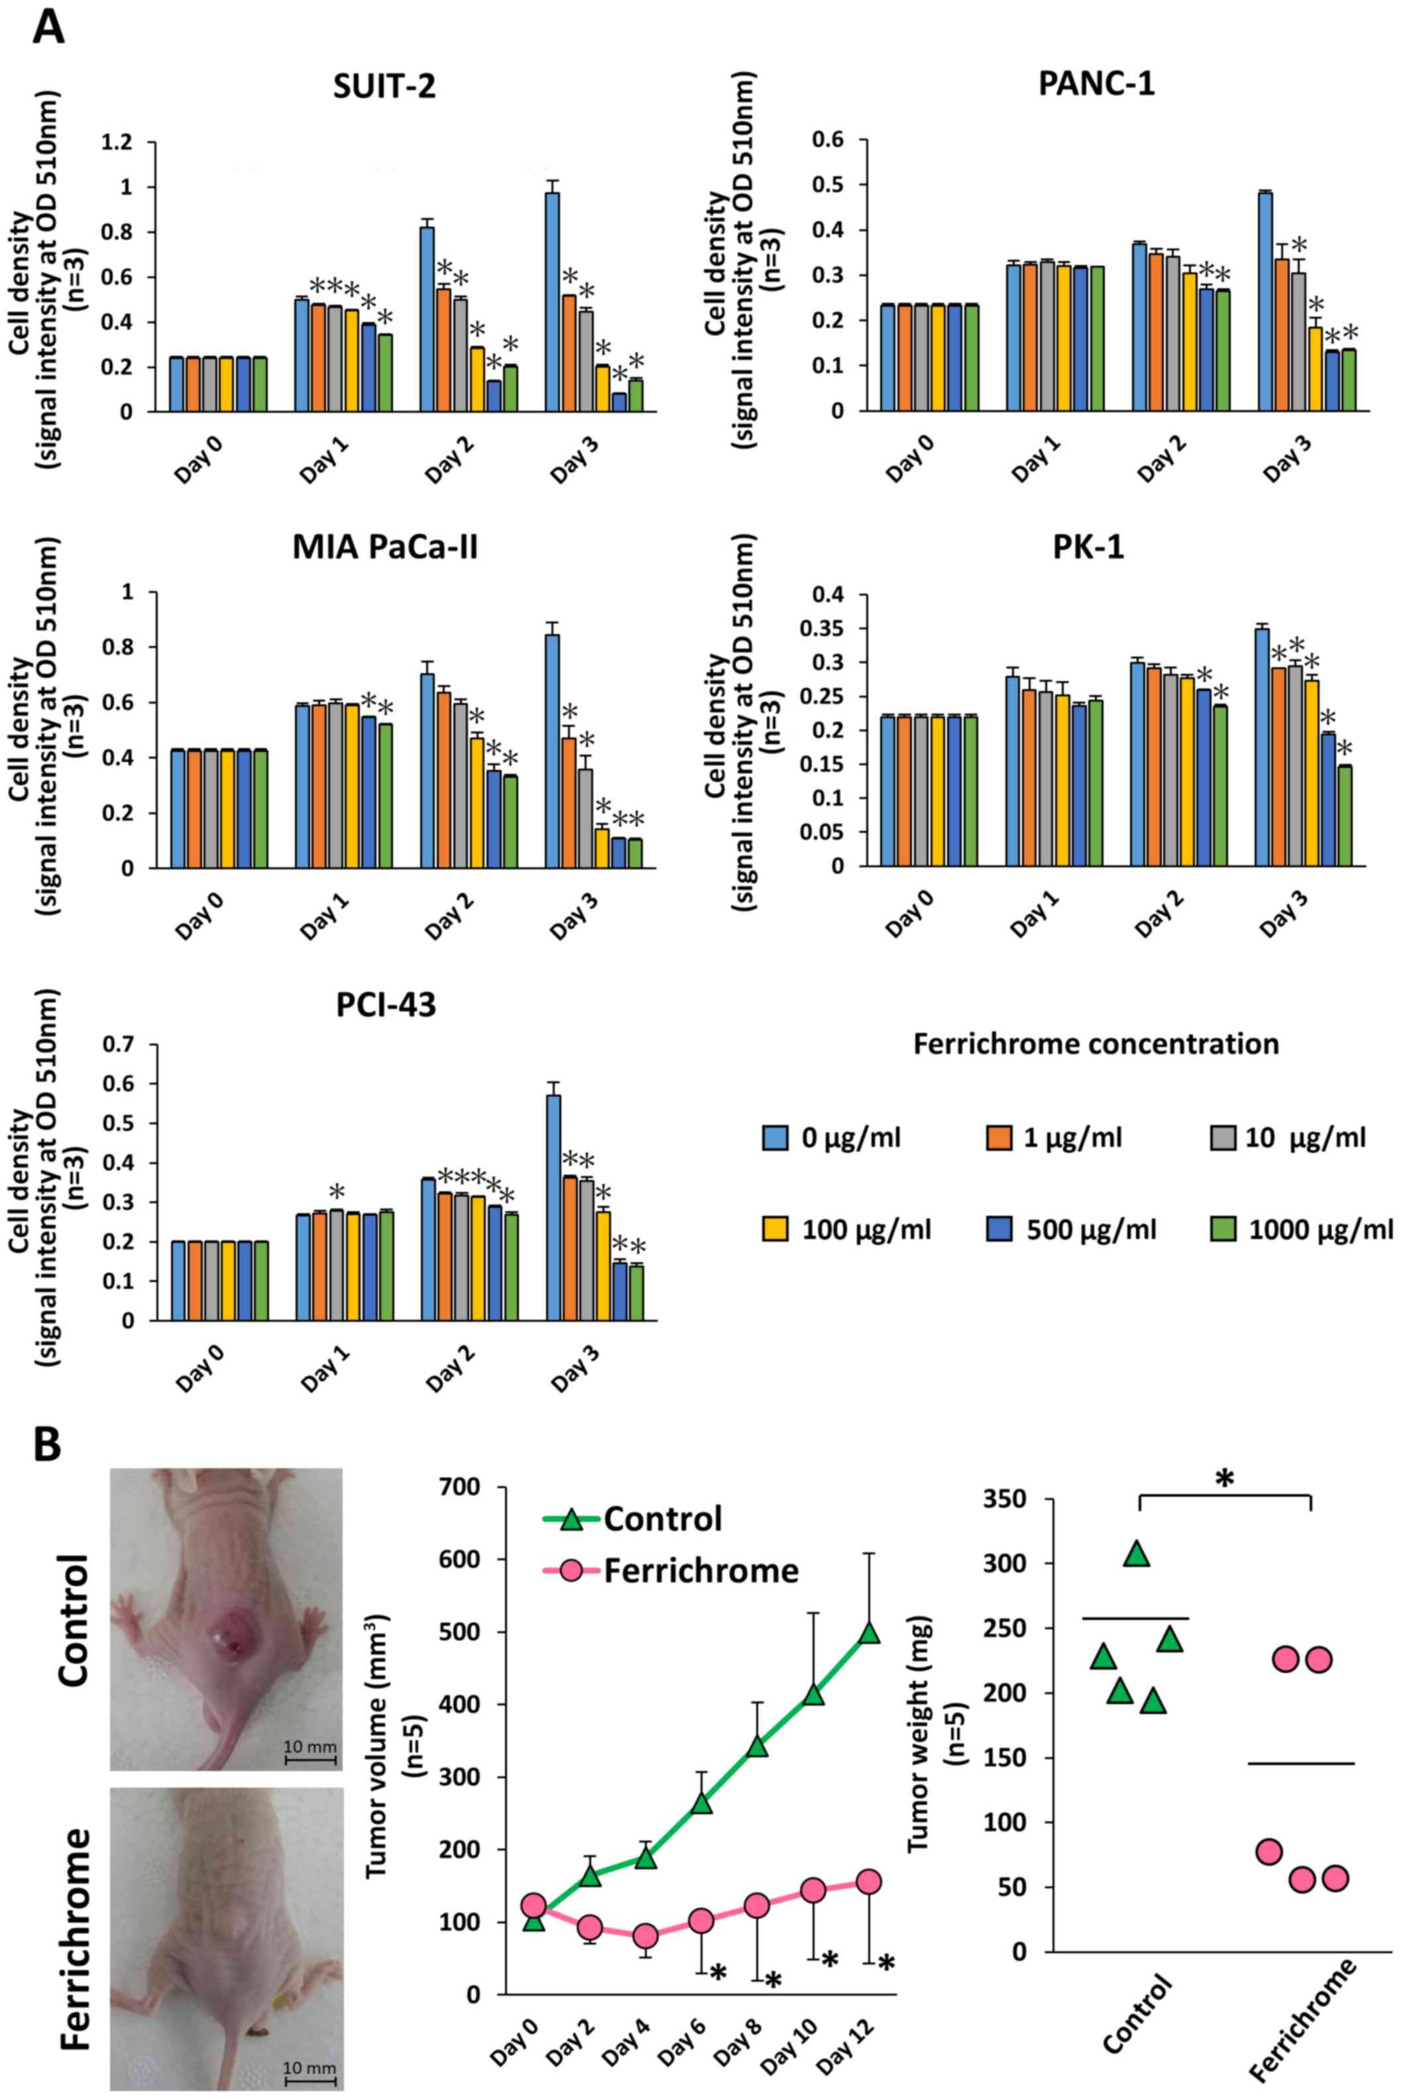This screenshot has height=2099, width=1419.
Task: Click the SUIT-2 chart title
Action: (384, 86)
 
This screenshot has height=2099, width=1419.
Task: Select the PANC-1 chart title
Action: (1096, 84)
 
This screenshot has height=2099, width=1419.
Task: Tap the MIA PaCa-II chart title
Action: (385, 547)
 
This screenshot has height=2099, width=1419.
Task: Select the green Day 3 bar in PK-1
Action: (1344, 816)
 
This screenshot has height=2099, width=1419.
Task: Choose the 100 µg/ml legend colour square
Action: (774, 1229)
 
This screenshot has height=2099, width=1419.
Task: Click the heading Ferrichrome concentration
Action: (1096, 1044)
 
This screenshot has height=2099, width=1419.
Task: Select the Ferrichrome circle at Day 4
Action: (645, 1937)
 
